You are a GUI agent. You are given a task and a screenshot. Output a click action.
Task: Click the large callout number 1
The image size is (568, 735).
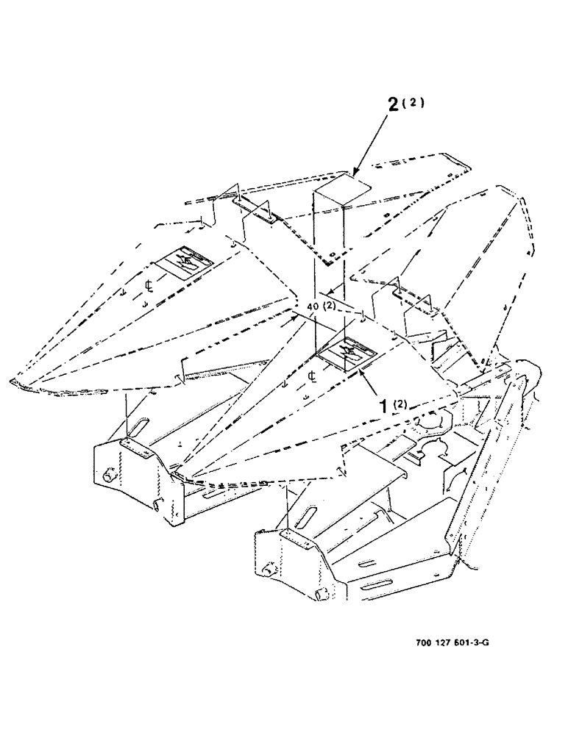pyautogui.click(x=383, y=405)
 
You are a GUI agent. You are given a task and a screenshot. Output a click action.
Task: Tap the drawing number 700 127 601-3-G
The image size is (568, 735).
pyautogui.click(x=452, y=642)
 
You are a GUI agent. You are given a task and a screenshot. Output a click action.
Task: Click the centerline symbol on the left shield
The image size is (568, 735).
pyautogui.click(x=148, y=284)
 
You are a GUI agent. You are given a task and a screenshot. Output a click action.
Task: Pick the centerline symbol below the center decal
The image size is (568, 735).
pyautogui.click(x=313, y=378)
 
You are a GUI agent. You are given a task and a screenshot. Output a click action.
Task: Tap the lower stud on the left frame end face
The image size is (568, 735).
pyautogui.click(x=157, y=505)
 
